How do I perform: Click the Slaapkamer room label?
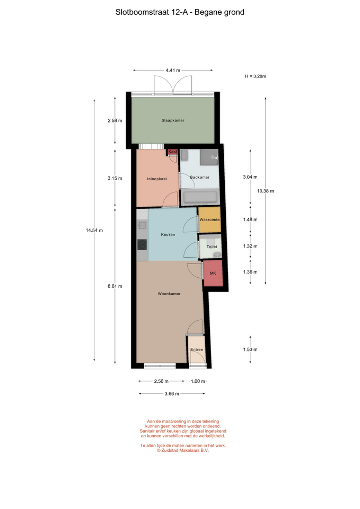[x=173, y=120]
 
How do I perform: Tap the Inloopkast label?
[x=157, y=179]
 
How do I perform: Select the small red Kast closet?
[x=172, y=152]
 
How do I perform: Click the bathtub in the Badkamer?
[x=200, y=197]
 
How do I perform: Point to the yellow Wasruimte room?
[x=209, y=220]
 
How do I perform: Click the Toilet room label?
[x=212, y=247]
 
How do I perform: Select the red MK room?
[x=213, y=274]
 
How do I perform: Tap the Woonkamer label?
[x=169, y=294]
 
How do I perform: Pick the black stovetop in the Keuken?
[x=142, y=244]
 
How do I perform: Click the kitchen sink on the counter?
[x=142, y=225]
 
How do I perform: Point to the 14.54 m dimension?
[x=94, y=230]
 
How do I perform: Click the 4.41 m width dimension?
[x=173, y=70]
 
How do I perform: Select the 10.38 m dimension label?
[x=266, y=191]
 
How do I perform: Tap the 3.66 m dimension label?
[x=172, y=394]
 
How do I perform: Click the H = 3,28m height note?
[x=256, y=76]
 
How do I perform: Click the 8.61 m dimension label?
[x=115, y=286]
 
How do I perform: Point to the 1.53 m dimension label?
[x=250, y=349]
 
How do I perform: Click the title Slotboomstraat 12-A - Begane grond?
[x=180, y=12]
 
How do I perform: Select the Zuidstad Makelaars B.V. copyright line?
[x=183, y=451]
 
